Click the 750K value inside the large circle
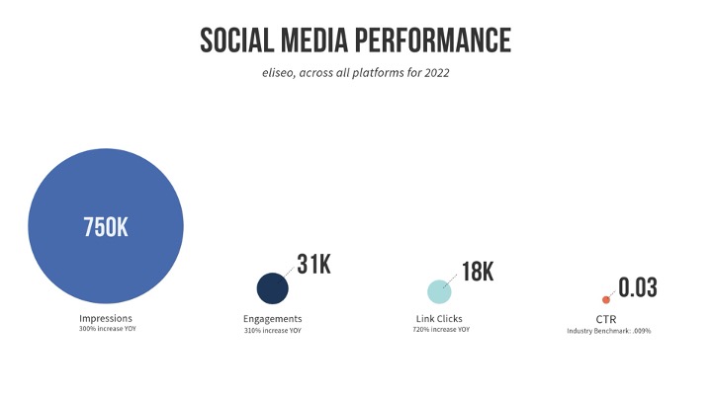click(106, 227)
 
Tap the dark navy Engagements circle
click(272, 288)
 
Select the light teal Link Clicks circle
click(439, 291)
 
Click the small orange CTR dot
click(606, 299)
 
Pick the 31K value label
click(314, 265)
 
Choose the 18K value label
click(478, 272)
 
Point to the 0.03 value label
click(638, 288)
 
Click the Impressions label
click(105, 318)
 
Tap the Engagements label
click(272, 319)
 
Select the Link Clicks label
click(439, 319)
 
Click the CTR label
click(607, 319)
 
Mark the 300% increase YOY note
click(106, 329)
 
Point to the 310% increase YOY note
click(272, 330)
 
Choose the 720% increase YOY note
click(440, 329)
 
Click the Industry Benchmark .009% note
click(608, 330)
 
